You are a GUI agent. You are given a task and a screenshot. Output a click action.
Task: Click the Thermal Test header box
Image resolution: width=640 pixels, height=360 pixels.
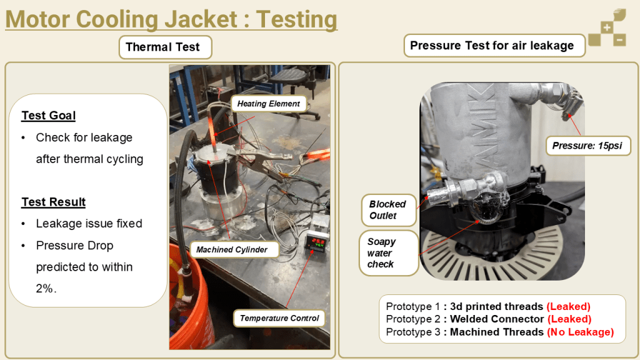click(165, 47)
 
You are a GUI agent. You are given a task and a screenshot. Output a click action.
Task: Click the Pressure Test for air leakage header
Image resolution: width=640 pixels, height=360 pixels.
click(494, 45)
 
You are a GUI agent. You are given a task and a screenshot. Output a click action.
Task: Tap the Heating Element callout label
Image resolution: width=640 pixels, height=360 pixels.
click(269, 104)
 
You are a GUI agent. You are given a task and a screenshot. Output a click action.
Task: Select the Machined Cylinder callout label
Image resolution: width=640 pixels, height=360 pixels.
click(232, 249)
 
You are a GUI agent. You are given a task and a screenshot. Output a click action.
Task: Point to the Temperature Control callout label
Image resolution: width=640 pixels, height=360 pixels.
click(279, 318)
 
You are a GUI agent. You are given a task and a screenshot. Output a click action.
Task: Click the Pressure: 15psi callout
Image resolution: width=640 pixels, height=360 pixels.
click(587, 146)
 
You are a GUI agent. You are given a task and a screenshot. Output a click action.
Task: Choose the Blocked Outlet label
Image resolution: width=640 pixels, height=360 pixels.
click(388, 210)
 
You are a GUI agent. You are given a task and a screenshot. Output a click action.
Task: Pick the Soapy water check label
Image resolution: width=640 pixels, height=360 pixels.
click(389, 252)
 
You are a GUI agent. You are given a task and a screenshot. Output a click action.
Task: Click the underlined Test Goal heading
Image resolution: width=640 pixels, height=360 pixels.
click(49, 116)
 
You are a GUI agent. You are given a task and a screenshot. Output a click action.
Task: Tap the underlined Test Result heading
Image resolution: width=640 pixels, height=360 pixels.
click(54, 202)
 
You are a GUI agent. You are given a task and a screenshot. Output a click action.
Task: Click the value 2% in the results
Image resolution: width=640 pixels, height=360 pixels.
click(44, 289)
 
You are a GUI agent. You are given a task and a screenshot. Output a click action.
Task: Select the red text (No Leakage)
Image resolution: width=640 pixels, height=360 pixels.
click(581, 332)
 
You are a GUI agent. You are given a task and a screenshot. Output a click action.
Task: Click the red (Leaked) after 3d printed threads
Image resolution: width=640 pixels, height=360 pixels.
click(569, 306)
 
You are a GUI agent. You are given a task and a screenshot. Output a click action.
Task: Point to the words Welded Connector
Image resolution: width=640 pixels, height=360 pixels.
click(497, 319)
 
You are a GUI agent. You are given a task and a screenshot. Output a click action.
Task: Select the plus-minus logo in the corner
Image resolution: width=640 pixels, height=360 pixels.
click(607, 27)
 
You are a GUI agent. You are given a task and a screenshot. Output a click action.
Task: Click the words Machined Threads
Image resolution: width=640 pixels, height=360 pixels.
click(497, 332)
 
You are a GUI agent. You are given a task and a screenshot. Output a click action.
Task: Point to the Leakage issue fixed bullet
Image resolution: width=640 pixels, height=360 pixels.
click(89, 224)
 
